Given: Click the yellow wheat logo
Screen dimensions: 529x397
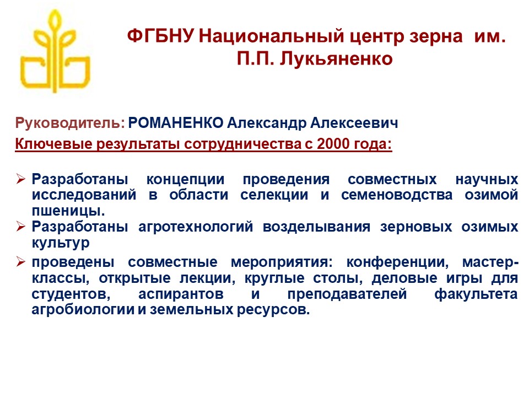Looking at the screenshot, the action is coord(55,51).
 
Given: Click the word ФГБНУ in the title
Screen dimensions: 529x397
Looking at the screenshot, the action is coord(160,36).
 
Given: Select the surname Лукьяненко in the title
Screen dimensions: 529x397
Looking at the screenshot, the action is coord(336,59).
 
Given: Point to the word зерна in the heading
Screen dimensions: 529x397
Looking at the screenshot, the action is coord(436,37).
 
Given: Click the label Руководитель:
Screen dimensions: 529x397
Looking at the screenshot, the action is coord(70,123).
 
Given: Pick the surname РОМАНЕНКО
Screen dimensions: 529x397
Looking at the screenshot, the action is coord(175,122).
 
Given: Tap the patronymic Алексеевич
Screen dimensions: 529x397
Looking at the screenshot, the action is coord(354,122).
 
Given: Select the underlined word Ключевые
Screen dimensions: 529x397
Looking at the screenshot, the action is coord(53,144).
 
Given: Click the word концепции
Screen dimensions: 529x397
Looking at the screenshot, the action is coord(185,180).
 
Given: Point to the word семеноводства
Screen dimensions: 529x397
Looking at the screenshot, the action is coord(396,195).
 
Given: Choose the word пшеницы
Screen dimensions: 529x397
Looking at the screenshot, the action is coord(68,211).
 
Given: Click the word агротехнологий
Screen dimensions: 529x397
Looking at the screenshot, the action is coord(196,227).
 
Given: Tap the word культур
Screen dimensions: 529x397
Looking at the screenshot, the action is coord(61,243).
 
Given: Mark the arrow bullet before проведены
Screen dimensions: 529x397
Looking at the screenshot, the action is coord(20,261).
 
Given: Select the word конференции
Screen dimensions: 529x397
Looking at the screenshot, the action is coord(397,262).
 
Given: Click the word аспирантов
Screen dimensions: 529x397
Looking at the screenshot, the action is coord(181,294).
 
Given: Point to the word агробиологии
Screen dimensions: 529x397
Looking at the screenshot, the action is coord(83,309).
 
